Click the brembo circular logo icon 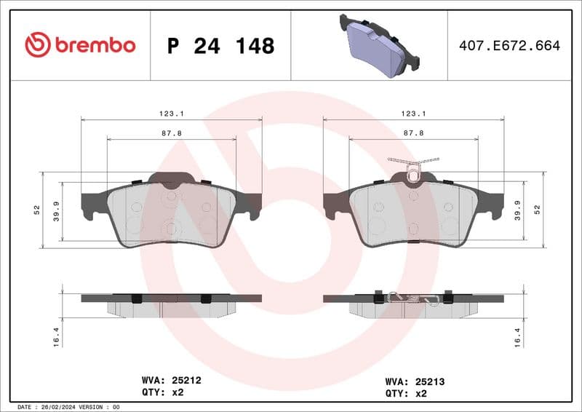37,45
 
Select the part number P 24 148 220,46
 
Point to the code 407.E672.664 509,46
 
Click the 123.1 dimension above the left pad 171,114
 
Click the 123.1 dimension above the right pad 413,114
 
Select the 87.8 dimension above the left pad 171,132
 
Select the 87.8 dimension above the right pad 413,132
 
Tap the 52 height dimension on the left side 36,210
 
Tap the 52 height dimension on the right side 538,210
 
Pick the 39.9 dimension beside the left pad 55,211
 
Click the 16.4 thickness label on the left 55,337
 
